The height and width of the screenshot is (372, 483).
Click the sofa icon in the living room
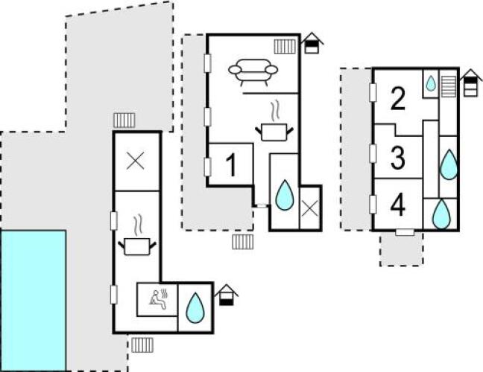[x=253, y=72]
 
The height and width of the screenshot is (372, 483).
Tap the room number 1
[x=231, y=165]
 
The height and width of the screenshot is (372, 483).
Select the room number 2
[x=398, y=98]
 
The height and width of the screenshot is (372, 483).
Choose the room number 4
[x=398, y=205]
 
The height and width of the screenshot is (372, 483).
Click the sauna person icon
[x=159, y=298]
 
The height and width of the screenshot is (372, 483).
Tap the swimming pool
[x=33, y=301]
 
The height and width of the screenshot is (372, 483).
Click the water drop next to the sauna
[x=195, y=308]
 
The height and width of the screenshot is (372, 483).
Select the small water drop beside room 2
[x=431, y=83]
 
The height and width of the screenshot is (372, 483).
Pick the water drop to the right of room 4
[x=441, y=214]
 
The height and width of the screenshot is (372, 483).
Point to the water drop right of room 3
[x=449, y=164]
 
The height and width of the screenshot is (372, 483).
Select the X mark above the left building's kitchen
[x=136, y=161]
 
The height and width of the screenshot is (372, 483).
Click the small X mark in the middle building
[x=310, y=209]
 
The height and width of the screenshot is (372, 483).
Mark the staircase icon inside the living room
[x=285, y=46]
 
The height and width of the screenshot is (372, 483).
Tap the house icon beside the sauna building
[x=227, y=295]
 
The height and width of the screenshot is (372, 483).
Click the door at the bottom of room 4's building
[x=405, y=232]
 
